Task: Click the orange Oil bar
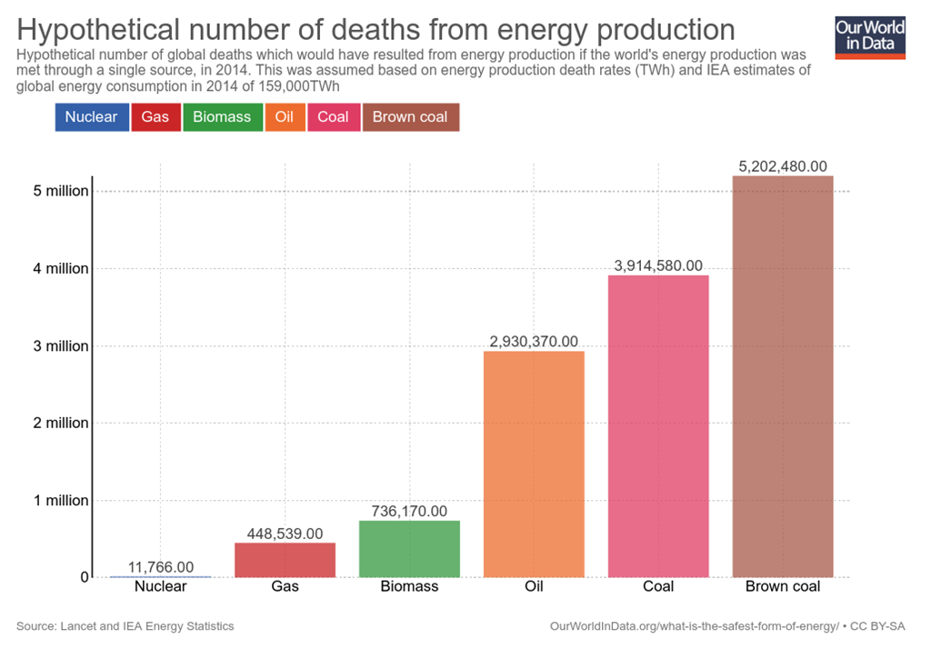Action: (x=534, y=464)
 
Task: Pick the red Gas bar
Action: (x=285, y=560)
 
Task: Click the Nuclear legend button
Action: (x=91, y=117)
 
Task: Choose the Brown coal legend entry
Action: (x=410, y=117)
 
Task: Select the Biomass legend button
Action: (x=222, y=117)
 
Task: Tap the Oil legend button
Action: (x=284, y=117)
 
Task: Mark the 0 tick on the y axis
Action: (x=84, y=577)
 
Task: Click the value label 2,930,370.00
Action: (x=534, y=342)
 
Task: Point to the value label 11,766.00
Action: (x=161, y=567)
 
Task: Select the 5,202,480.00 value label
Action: (x=783, y=166)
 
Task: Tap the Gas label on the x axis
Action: (x=285, y=586)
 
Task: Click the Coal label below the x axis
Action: (x=658, y=586)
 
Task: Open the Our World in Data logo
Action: (x=870, y=35)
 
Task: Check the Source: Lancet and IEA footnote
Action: (x=125, y=626)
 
